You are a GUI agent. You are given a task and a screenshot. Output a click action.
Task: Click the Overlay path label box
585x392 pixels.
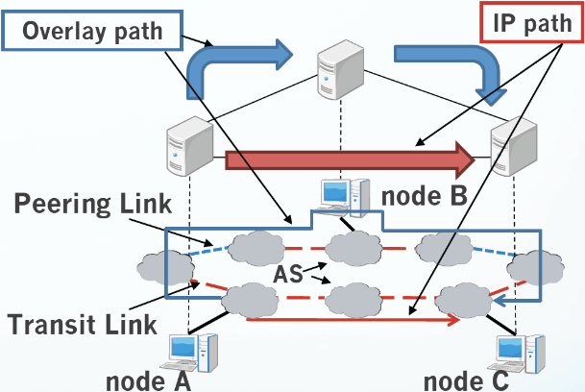[x=92, y=31]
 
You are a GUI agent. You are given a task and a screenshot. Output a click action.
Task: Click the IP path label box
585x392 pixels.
[x=531, y=22]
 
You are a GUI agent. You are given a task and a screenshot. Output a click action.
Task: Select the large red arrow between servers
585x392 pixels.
[x=350, y=160]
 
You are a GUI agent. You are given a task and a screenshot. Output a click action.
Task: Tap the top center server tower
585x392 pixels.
[x=341, y=69]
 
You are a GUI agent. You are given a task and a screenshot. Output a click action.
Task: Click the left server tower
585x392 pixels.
[x=189, y=146]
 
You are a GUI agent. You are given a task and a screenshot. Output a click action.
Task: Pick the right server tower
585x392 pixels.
[x=514, y=146]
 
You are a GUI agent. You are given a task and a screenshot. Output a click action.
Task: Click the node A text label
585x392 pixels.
[x=149, y=381]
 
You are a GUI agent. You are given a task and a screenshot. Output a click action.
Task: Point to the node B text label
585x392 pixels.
[x=425, y=196]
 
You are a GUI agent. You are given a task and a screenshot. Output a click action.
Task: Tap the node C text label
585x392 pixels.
[x=466, y=381]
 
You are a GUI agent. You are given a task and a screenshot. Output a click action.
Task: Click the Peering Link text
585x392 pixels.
[x=93, y=204]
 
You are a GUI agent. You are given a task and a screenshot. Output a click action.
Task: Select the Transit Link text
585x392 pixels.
[x=82, y=324]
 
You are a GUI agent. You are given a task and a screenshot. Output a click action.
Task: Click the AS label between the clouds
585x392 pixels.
[x=288, y=275]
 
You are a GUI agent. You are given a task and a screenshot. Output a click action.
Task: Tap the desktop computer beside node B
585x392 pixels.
[x=345, y=198]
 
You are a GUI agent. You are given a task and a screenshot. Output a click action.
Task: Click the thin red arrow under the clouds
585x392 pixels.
[x=353, y=320]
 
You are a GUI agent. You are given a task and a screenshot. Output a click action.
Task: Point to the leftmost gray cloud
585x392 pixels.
[x=165, y=268]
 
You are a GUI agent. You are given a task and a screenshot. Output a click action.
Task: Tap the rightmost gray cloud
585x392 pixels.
[x=535, y=267]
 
